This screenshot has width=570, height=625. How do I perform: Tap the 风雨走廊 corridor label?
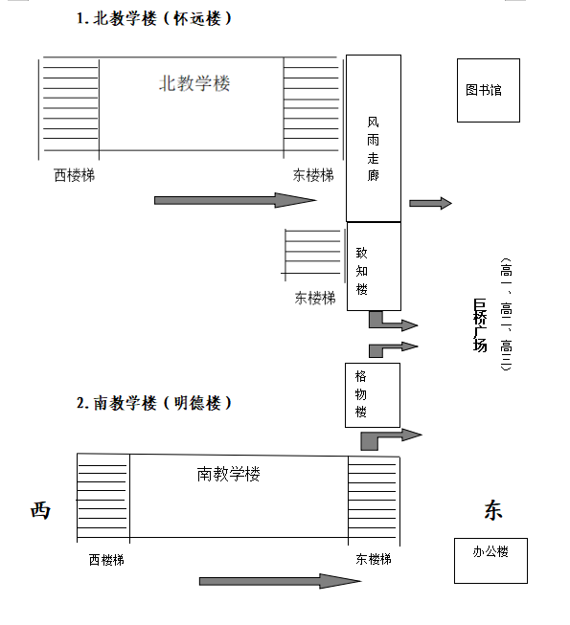[373, 148]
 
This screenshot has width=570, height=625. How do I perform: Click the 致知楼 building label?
[362, 271]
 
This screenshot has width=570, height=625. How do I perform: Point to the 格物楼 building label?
[360, 393]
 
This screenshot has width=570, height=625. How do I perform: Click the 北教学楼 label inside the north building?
[194, 83]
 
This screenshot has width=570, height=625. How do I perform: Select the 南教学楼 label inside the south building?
[229, 474]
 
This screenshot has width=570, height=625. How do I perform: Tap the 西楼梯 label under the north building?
[74, 175]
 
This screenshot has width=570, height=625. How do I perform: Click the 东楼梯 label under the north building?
[313, 175]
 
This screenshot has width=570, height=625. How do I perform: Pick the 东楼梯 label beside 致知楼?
[315, 299]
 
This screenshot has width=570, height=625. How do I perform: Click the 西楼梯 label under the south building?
[106, 560]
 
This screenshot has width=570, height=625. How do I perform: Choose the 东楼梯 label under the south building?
[374, 559]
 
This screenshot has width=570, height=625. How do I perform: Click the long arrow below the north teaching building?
[236, 200]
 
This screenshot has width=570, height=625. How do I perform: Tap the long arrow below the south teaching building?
[280, 581]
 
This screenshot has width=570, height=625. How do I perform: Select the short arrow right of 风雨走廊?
[430, 203]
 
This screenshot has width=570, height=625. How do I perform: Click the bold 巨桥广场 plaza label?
[480, 325]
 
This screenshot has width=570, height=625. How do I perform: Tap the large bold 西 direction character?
[40, 510]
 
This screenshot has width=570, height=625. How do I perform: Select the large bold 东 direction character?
[493, 510]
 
